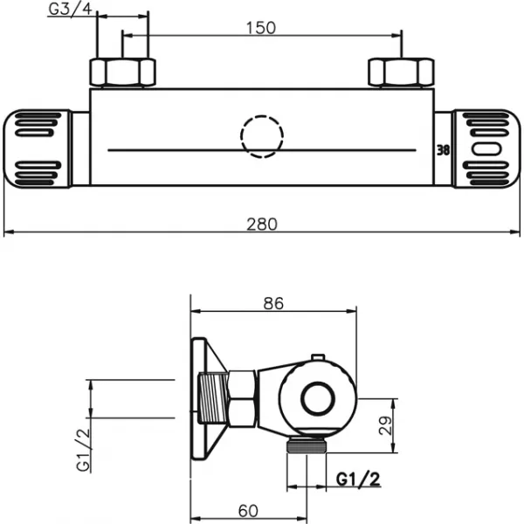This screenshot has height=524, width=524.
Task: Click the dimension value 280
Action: tap(261, 224)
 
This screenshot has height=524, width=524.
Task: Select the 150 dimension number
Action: tap(260, 27)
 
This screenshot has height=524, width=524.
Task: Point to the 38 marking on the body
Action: tap(443, 149)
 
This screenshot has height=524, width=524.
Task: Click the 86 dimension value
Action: tap(273, 304)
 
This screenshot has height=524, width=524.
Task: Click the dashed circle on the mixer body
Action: tap(261, 138)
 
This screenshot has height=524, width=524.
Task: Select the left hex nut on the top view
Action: tap(125, 72)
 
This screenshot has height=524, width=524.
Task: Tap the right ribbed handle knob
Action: tap(482, 148)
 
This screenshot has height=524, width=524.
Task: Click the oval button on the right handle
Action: tap(482, 149)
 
